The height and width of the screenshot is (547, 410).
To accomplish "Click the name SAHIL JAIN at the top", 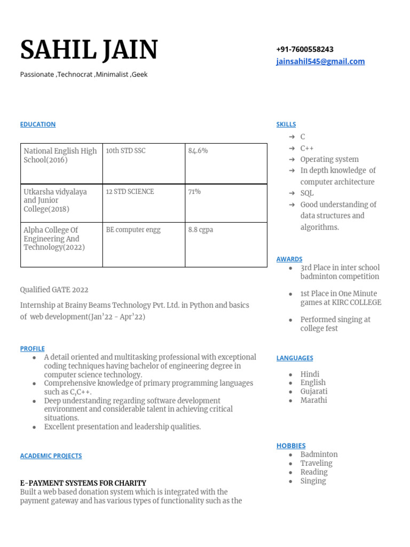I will point(89,50).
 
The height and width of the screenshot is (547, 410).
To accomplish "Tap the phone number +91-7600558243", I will point(305,49).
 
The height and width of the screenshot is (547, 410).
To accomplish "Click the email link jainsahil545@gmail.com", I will point(320,61).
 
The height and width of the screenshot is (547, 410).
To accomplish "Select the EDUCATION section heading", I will point(38,124).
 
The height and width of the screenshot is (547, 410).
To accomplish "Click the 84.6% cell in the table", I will point(198,151).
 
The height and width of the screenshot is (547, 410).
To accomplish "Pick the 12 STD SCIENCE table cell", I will point(130,191).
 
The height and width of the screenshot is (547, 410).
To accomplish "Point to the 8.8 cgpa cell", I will point(201,230).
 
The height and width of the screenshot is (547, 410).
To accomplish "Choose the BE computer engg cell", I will point(133,230).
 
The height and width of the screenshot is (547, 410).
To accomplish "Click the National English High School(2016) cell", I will point(60,155).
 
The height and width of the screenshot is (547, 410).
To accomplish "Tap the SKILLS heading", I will point(286,124).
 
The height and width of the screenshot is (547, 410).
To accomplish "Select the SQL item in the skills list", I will point(307,193).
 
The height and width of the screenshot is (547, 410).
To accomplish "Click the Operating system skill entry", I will point(329,159).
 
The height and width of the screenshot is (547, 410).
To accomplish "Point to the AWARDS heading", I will point(289,259).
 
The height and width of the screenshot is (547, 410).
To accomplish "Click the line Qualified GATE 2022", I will point(54,290).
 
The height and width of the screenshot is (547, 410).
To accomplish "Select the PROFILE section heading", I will point(33,348).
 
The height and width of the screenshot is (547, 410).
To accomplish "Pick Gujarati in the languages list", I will point(314,392).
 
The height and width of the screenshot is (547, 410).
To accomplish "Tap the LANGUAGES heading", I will point(295,358).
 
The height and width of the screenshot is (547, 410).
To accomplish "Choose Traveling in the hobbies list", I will point(316,463).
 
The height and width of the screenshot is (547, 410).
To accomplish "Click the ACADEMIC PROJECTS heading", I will point(51,456).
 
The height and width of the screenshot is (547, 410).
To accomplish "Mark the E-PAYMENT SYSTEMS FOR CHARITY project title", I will point(83,483).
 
